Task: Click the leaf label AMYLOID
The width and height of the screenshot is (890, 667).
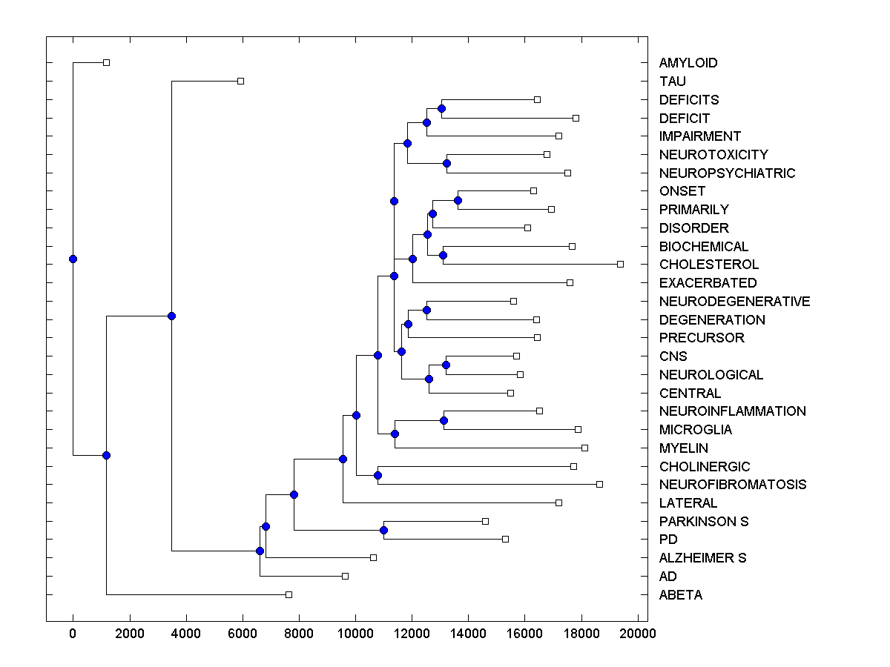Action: click(688, 63)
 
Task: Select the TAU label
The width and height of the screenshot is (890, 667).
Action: click(672, 82)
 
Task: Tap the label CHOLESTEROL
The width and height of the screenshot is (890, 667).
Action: click(708, 265)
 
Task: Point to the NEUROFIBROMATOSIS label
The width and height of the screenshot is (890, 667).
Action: click(732, 485)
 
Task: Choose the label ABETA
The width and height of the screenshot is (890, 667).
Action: click(680, 595)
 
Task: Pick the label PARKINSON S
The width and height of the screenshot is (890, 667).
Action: click(703, 522)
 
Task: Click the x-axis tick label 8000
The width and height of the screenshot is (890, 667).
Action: click(299, 634)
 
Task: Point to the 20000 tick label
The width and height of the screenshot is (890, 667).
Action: click(638, 634)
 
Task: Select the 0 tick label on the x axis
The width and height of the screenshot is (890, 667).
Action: click(73, 634)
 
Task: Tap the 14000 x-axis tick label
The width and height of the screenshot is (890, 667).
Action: click(469, 634)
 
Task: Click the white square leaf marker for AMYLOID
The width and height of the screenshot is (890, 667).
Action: click(106, 63)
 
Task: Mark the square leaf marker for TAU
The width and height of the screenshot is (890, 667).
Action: click(240, 81)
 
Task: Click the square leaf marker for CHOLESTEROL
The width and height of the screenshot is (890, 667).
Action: click(620, 264)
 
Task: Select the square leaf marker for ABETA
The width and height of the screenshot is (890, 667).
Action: click(289, 594)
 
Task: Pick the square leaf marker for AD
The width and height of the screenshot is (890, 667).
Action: click(345, 576)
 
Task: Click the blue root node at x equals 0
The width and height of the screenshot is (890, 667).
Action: click(73, 259)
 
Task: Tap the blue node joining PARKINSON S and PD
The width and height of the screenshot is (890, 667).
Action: click(383, 530)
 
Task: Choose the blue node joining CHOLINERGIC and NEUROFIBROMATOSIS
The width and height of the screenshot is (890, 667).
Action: click(378, 475)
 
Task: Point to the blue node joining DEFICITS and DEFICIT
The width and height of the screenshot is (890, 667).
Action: click(441, 108)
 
